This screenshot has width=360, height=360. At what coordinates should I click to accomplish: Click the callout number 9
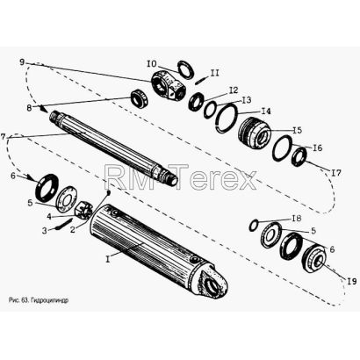pos(23,62)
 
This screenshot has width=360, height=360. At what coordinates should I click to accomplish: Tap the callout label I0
pos(152,63)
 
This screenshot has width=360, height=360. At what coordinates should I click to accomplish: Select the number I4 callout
pos(266,112)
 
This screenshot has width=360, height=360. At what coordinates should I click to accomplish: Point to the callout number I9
pos(352,281)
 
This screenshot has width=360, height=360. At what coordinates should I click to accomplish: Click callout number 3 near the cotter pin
pos(44,231)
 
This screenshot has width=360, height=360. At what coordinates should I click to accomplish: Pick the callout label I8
pos(297,219)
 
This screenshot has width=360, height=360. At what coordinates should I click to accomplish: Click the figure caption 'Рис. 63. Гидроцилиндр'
pos(39,300)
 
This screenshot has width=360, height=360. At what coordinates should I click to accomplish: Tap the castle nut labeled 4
pos(84,209)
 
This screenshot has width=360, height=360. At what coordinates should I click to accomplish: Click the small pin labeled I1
pos(200,80)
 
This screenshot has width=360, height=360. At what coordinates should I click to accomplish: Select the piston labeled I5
pos(255,133)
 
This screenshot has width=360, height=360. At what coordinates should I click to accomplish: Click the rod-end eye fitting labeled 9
pos(168,84)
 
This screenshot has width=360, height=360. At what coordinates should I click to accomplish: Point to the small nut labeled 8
pos(139,98)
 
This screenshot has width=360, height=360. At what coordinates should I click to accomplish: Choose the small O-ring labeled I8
pos(254,226)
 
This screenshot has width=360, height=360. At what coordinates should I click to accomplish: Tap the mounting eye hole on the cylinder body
pos(211,283)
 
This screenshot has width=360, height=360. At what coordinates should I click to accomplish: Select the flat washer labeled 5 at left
pos(67,198)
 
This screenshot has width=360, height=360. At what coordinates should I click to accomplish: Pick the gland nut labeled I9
pos(313,258)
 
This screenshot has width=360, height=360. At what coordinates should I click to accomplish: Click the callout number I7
pos(336,173)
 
